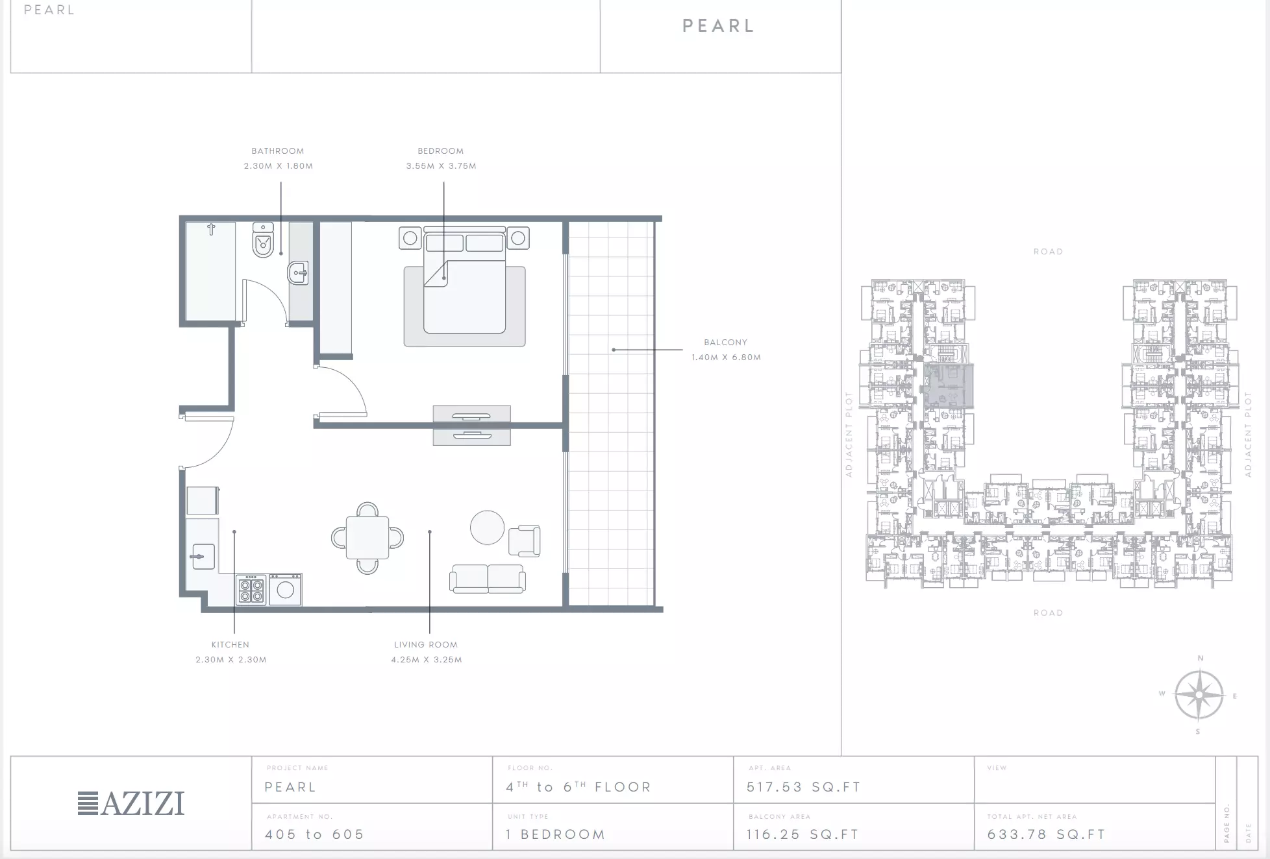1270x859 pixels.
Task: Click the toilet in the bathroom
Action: click(263, 240)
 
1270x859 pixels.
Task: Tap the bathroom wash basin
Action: click(298, 273)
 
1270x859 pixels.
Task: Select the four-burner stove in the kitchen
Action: click(251, 589)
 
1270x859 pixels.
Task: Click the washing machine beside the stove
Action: click(285, 589)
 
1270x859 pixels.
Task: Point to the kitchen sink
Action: click(203, 557)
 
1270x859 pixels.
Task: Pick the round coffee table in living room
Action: click(487, 527)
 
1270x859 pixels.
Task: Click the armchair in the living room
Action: click(525, 541)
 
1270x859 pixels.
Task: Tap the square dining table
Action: click(367, 538)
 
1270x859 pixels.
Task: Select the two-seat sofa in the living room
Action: click(488, 579)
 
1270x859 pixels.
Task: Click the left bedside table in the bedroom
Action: click(410, 238)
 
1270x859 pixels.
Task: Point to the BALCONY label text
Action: click(725, 342)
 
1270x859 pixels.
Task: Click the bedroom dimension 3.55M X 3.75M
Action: click(442, 166)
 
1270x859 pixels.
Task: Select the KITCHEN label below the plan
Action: click(230, 644)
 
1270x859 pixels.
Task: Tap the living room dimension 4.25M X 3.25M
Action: click(427, 660)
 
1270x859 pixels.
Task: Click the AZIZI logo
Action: click(131, 803)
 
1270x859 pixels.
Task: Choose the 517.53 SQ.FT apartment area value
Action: click(804, 787)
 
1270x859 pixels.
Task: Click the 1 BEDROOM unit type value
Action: click(556, 834)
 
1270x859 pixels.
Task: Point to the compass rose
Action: click(1199, 695)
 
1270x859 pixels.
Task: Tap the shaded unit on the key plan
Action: click(949, 386)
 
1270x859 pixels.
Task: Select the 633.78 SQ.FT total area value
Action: click(1047, 834)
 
